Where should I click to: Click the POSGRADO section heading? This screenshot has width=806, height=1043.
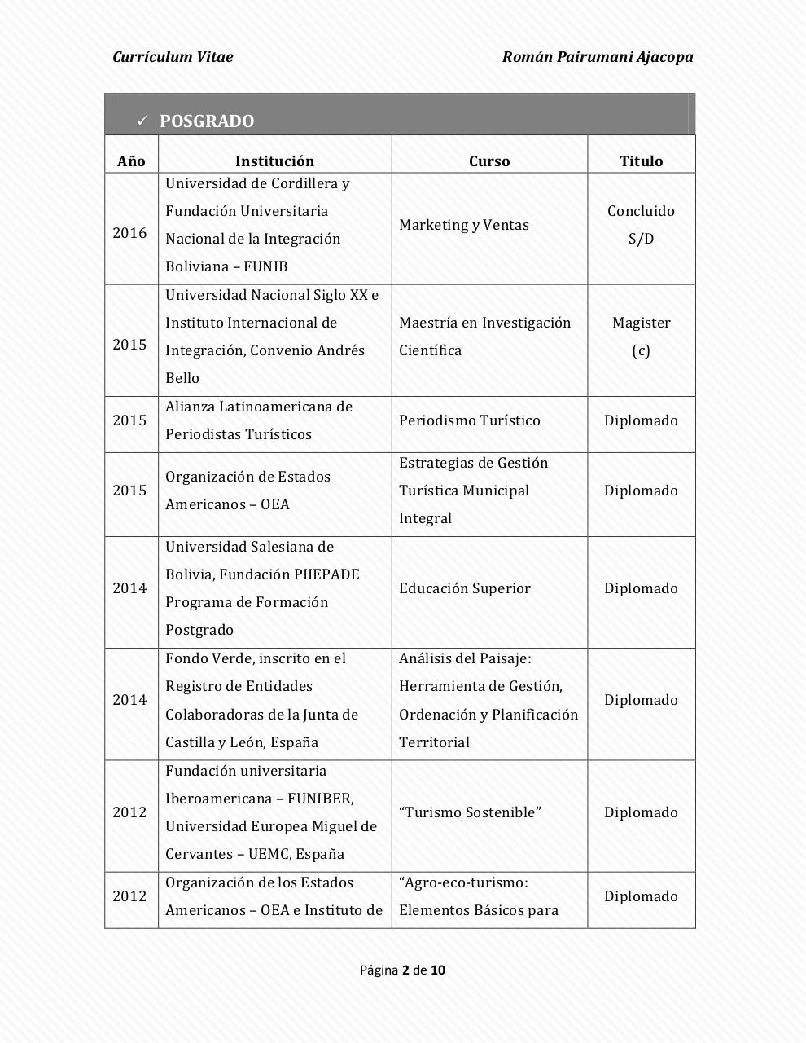point(207,121)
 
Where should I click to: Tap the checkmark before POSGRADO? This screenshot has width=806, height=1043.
point(141,121)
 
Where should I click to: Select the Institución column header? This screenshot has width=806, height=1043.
point(274,161)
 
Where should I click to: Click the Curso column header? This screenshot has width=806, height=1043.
point(489,161)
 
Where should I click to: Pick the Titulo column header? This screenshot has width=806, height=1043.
point(641,161)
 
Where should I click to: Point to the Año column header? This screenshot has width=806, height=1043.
point(131,161)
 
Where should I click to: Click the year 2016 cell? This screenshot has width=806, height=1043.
point(129,233)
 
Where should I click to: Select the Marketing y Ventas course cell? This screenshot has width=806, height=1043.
point(464,225)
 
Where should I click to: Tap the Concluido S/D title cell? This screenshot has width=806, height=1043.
point(641,225)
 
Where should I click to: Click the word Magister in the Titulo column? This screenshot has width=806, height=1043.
point(641,323)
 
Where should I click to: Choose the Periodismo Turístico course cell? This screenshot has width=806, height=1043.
point(470,420)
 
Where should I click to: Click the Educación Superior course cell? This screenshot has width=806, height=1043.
point(465,588)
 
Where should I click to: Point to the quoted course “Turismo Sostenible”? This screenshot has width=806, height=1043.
point(470,812)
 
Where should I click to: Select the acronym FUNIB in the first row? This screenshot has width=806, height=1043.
point(265,266)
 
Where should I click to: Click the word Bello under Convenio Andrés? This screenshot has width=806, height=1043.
point(182,378)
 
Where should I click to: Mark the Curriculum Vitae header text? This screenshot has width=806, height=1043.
point(173,57)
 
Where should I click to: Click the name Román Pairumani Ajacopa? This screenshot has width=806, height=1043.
point(598,57)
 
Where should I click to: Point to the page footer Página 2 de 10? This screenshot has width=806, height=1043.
point(402,970)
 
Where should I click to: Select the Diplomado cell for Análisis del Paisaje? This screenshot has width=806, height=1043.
point(641,700)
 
